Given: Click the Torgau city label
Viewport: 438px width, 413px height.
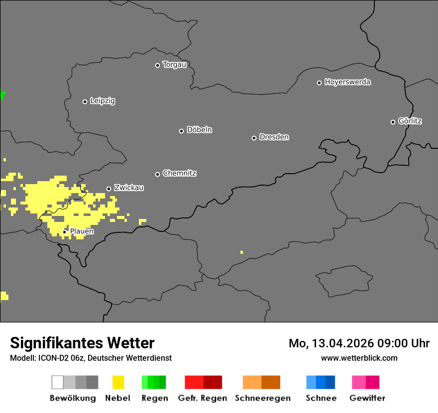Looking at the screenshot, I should (x=174, y=65).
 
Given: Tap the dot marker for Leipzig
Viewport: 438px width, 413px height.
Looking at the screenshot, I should (x=85, y=102).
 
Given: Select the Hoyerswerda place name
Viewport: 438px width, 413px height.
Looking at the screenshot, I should (x=347, y=82).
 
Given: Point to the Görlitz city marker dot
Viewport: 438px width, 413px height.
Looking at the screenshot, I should (x=393, y=122).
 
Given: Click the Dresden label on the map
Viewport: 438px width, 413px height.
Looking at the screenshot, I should (x=274, y=137).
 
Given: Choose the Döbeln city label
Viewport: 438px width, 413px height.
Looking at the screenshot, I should (x=199, y=130).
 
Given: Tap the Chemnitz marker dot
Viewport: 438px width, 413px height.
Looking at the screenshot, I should (x=157, y=174).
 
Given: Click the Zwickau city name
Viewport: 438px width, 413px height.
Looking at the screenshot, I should (x=129, y=188).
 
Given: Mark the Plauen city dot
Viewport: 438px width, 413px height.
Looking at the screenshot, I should (x=64, y=232).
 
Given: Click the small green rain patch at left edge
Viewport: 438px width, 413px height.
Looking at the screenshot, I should (x=2, y=95).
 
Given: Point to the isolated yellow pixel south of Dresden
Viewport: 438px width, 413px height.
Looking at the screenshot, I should (x=241, y=252).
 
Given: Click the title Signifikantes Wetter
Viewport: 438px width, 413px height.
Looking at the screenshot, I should (x=82, y=343).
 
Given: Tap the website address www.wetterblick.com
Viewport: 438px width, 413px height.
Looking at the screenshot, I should (x=359, y=358).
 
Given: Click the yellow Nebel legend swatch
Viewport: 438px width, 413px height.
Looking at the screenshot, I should (x=118, y=382).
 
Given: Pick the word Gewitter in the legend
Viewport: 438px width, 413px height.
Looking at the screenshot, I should (x=367, y=398).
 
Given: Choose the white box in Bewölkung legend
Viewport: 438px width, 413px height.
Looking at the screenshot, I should (x=58, y=382).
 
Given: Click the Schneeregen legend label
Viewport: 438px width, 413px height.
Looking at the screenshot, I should (x=262, y=398).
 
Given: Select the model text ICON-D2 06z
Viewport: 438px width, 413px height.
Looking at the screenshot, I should (x=59, y=358).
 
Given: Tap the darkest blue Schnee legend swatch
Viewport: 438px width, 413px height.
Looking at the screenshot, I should (x=330, y=382).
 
